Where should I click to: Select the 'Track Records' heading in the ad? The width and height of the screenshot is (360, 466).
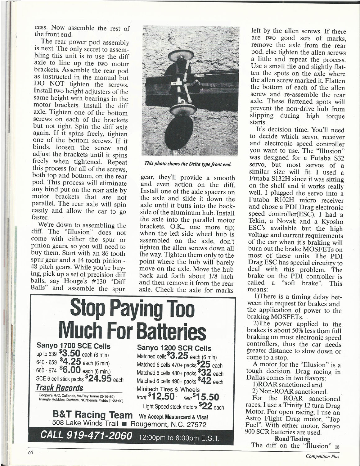60,388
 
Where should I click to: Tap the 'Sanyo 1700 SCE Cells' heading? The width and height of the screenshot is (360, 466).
74,346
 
